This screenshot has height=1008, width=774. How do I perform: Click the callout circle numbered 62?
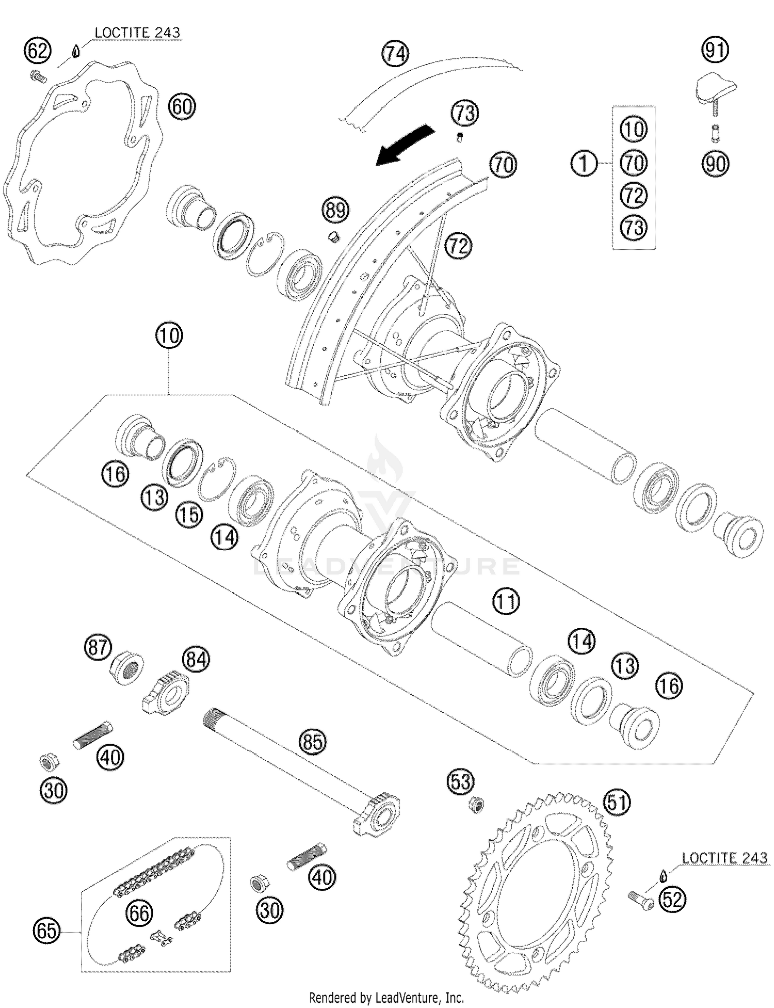38,51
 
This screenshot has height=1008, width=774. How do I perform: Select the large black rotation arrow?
405,145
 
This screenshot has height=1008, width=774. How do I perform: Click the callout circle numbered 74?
395,54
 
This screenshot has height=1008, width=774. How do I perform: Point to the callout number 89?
335,211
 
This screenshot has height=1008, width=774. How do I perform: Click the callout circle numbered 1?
584,164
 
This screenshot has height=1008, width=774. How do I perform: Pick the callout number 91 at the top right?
715,50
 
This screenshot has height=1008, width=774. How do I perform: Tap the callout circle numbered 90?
715,164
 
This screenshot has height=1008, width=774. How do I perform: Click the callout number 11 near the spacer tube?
506,601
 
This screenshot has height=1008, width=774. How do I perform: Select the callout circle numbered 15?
189,515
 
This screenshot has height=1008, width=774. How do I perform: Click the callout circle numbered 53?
460,782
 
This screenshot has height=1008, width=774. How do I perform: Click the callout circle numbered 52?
673,900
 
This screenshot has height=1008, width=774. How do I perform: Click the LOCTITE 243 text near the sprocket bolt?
724,858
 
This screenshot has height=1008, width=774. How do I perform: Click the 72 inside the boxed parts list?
633,195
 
